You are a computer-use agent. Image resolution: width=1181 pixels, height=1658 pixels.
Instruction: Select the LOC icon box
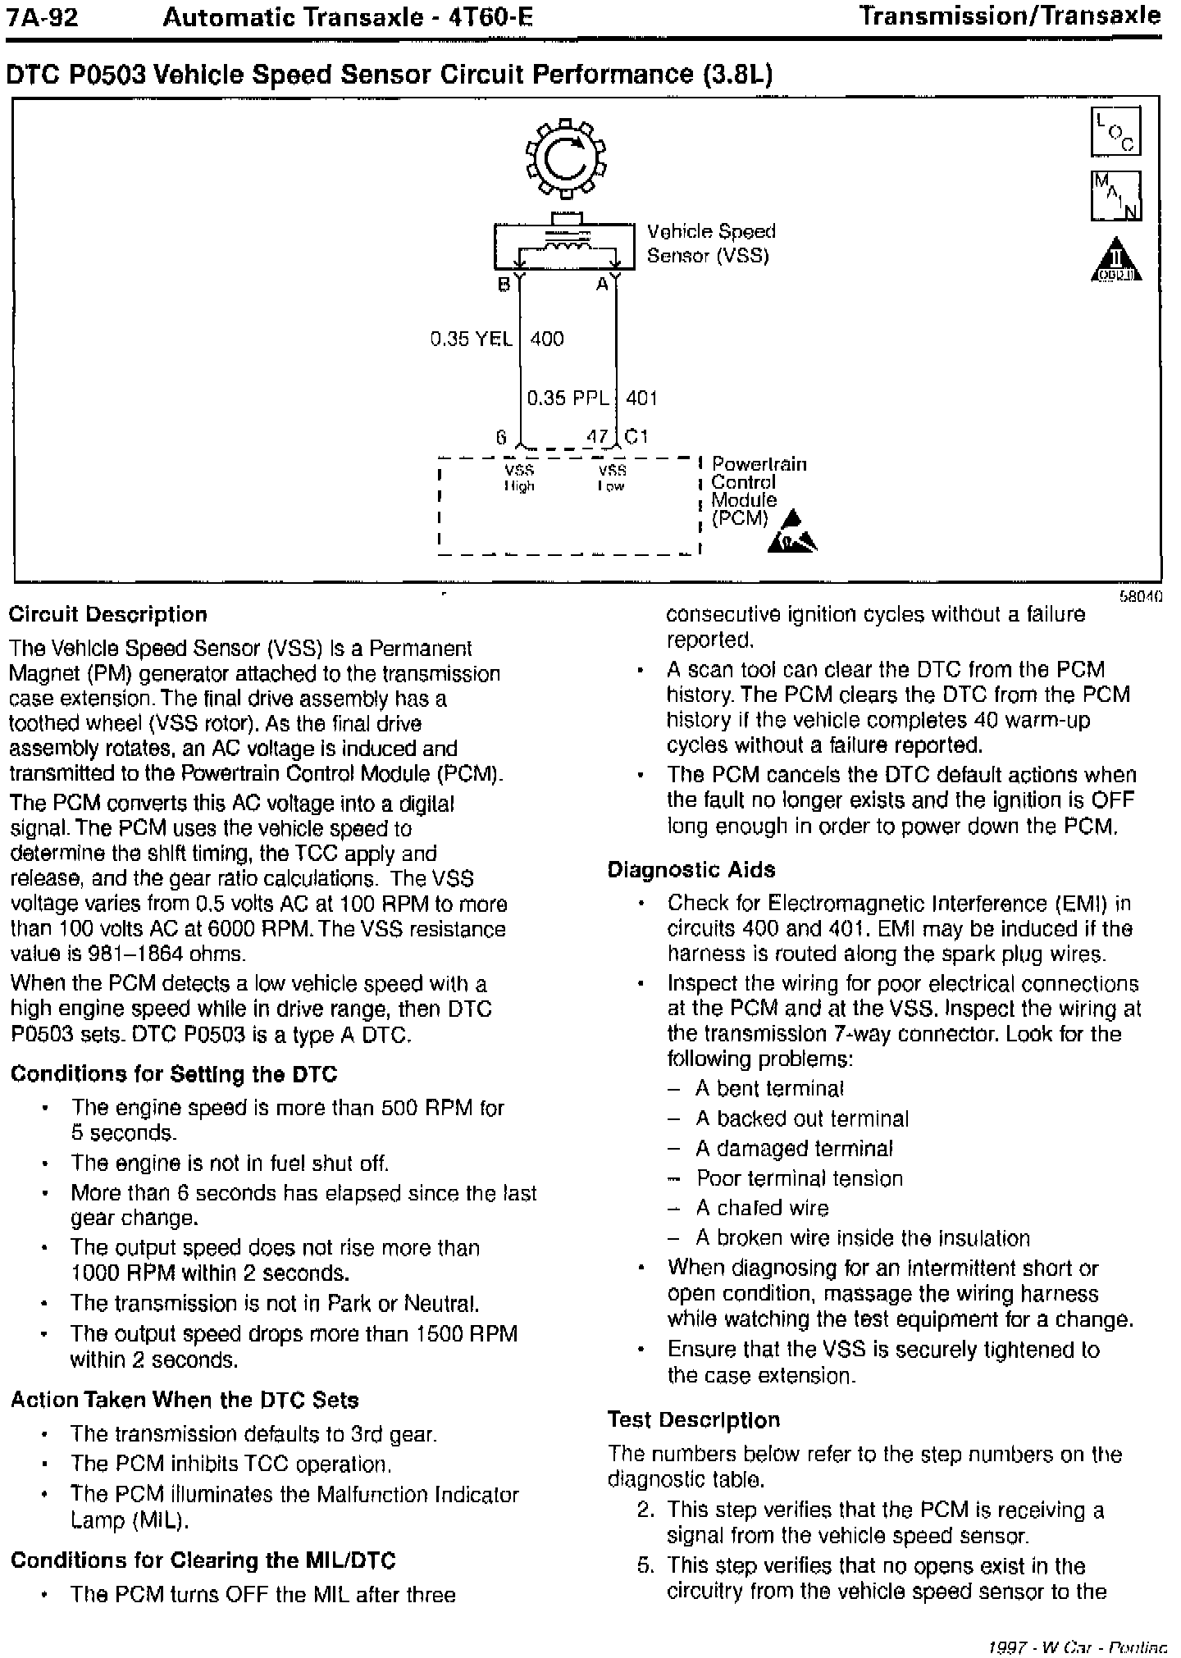tap(1115, 131)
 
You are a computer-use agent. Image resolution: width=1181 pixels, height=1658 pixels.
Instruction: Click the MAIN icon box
tap(1115, 196)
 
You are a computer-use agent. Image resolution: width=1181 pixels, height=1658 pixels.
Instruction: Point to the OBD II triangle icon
tap(1116, 260)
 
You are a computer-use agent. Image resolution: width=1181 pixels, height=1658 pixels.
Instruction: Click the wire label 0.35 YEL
tap(472, 339)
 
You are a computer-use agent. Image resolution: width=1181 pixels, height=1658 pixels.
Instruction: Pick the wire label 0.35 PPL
tap(568, 398)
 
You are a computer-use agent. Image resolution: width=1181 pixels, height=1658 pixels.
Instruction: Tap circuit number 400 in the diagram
tap(547, 339)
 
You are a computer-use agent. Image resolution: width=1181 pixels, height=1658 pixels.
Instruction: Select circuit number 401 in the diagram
tap(641, 398)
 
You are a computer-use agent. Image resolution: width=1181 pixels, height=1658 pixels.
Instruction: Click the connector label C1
tap(636, 437)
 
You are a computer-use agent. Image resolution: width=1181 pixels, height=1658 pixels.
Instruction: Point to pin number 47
tap(597, 437)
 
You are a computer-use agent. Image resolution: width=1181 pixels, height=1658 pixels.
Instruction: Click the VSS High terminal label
tap(519, 477)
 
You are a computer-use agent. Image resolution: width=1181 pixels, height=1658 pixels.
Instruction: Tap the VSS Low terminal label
tap(612, 477)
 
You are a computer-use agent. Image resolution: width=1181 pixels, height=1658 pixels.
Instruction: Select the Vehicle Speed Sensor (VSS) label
tap(710, 244)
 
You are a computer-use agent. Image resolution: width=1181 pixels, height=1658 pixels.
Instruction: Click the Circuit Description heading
tap(108, 615)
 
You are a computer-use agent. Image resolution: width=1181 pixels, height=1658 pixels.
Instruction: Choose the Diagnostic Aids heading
tap(691, 870)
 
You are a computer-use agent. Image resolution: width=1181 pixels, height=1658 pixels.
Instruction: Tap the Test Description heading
tap(694, 1420)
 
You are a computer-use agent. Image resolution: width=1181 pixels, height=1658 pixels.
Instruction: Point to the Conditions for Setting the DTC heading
tap(174, 1074)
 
